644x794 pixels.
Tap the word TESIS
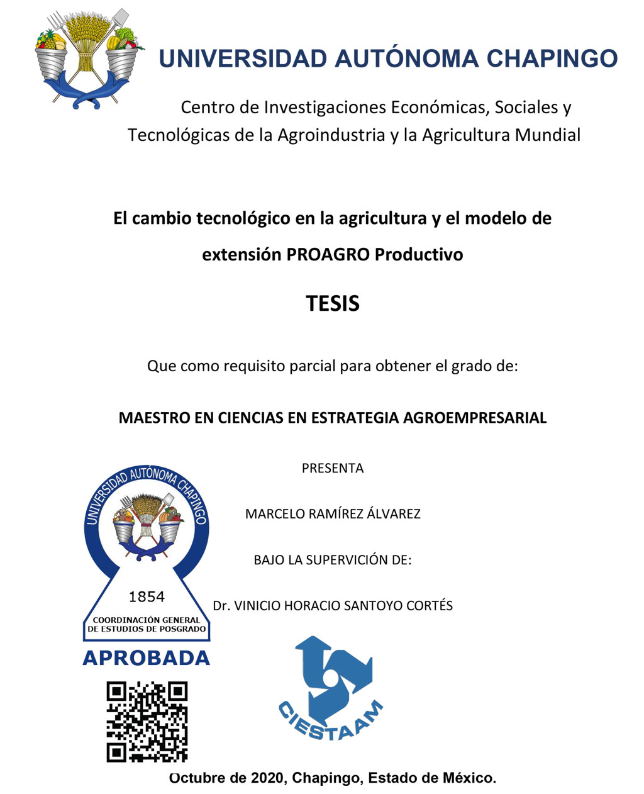click(x=333, y=304)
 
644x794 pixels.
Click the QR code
click(x=147, y=722)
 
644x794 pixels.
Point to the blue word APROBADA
click(x=146, y=658)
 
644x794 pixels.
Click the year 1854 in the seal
click(x=147, y=596)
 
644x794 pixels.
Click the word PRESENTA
click(x=333, y=468)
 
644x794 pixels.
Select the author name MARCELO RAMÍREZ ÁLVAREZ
click(x=333, y=514)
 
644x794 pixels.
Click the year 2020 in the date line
click(x=267, y=778)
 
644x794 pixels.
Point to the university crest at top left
click(x=87, y=58)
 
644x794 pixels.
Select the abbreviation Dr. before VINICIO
click(x=221, y=606)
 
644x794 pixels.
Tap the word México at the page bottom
click(x=469, y=778)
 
